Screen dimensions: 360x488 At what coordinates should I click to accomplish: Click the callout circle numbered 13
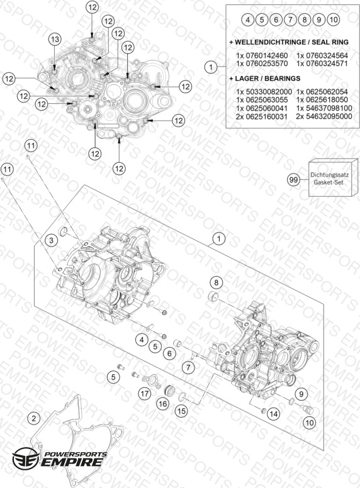tap(55, 39)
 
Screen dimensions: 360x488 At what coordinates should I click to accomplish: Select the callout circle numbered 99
tap(293, 180)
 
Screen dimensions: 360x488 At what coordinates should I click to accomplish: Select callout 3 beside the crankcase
tap(52, 240)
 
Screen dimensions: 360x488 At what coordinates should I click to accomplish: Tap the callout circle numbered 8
tap(216, 282)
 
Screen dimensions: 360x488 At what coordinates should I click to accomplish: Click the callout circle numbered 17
tap(145, 394)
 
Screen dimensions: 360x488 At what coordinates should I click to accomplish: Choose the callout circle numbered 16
tap(163, 404)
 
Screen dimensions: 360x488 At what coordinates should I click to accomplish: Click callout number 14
tap(273, 414)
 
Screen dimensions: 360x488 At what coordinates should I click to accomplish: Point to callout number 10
tap(310, 423)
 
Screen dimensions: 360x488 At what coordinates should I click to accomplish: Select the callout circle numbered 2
tap(34, 418)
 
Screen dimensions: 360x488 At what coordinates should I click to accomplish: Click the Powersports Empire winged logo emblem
tap(26, 458)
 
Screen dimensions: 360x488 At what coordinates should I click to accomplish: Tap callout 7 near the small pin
tap(188, 367)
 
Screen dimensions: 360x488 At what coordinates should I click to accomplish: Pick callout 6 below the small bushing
tap(169, 353)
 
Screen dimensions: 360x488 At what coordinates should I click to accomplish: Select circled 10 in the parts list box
tap(333, 20)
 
